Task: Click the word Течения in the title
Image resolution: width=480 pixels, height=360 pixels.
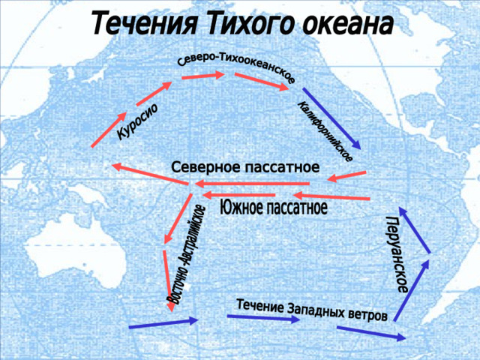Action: click(x=144, y=24)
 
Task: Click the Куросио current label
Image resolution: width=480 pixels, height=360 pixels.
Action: click(x=138, y=121)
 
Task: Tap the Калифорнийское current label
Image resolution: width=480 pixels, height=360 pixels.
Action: click(x=325, y=131)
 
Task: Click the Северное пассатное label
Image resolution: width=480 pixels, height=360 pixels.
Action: click(x=245, y=167)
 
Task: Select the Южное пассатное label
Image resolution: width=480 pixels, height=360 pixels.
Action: click(x=274, y=207)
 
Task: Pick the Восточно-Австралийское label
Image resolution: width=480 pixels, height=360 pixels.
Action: click(x=185, y=255)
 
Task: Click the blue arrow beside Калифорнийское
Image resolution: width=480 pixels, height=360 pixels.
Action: click(x=331, y=118)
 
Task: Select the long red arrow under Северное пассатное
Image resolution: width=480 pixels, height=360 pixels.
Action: click(x=252, y=184)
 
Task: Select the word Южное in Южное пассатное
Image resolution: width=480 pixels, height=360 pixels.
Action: click(x=241, y=207)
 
